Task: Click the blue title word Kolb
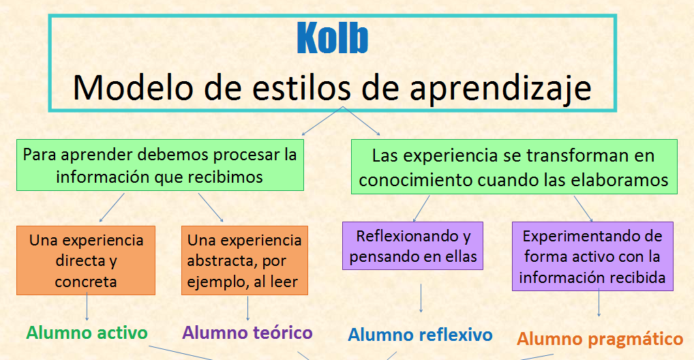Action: (333, 38)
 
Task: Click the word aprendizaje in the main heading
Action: (500, 88)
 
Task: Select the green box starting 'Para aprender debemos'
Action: (160, 165)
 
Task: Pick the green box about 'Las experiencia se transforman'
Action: (514, 167)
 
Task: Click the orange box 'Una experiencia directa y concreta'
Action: (86, 260)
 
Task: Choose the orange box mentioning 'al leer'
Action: (244, 260)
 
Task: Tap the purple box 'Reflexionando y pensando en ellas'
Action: (412, 245)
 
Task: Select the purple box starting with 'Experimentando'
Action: (592, 256)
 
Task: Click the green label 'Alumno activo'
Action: (87, 333)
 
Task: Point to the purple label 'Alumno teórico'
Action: (247, 333)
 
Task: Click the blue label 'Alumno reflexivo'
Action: (420, 335)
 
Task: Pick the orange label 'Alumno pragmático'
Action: (600, 339)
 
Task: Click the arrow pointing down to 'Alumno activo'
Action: (87, 307)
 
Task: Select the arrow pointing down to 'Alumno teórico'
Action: (248, 308)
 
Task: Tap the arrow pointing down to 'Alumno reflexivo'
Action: (421, 299)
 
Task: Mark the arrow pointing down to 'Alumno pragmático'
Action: (599, 303)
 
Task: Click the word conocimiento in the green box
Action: (415, 180)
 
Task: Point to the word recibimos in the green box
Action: (225, 177)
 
